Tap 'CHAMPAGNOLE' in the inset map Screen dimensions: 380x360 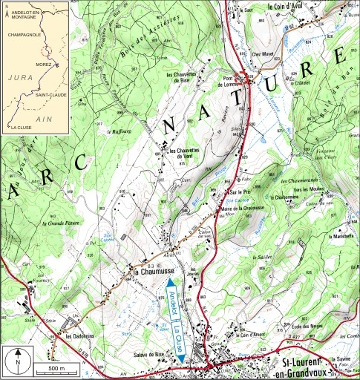[x=22, y=33]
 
